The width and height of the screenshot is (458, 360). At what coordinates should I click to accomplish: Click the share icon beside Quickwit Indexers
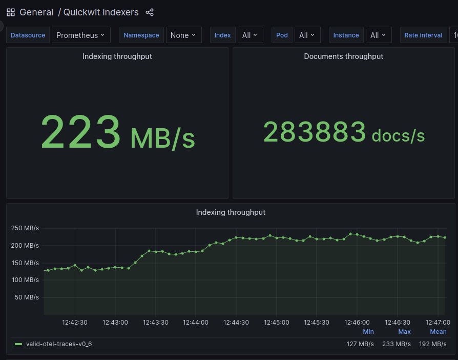click(x=150, y=12)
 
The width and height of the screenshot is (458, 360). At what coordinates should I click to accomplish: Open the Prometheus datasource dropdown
click(x=81, y=35)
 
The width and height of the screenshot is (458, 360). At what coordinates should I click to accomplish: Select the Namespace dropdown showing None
click(x=183, y=35)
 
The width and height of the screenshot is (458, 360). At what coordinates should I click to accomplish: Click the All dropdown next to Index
click(x=251, y=35)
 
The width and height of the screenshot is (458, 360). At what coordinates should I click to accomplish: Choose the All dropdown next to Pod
click(x=307, y=35)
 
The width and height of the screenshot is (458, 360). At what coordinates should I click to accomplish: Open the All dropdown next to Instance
click(x=379, y=35)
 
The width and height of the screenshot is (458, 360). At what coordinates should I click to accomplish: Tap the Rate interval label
click(x=423, y=35)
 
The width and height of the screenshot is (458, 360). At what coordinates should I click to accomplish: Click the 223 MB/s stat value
click(x=117, y=132)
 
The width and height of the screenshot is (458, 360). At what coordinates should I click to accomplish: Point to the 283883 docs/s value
click(x=344, y=132)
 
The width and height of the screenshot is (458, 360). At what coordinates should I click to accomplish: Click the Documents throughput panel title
click(x=343, y=56)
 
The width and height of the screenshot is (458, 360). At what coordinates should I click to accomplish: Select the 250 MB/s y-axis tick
click(x=25, y=228)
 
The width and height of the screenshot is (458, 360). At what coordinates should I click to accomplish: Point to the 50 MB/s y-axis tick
click(x=27, y=297)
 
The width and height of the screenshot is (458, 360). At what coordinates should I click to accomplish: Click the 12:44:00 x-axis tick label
click(x=196, y=323)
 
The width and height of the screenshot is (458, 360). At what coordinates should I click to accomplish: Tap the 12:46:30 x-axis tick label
click(x=398, y=323)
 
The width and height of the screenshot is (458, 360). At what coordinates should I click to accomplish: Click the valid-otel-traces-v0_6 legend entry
click(x=59, y=344)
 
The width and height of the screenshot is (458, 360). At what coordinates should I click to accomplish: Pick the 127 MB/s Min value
click(x=360, y=344)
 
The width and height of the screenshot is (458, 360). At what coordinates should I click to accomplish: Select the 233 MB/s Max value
click(x=397, y=344)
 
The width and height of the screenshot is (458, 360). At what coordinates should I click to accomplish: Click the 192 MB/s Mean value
click(x=433, y=344)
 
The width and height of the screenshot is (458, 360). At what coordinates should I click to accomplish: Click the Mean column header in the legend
click(x=438, y=332)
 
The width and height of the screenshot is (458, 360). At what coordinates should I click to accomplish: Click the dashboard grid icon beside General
click(x=11, y=12)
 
